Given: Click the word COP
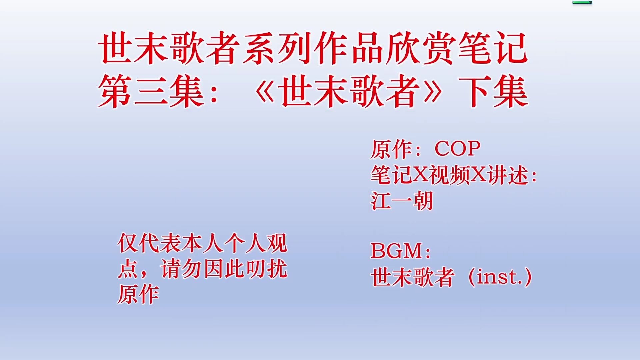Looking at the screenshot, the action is (457, 149).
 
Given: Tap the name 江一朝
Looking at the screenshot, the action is (402, 201).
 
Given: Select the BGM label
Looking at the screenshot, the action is (396, 251).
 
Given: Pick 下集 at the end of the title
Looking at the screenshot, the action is (493, 91).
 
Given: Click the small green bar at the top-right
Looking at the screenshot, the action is (582, 2).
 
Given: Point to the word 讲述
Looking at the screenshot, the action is (508, 175).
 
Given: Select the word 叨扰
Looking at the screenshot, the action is (266, 269).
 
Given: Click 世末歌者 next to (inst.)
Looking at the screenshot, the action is (413, 277).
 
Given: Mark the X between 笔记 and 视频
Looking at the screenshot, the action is (420, 175).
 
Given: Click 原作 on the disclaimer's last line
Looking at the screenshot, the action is (138, 294).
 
